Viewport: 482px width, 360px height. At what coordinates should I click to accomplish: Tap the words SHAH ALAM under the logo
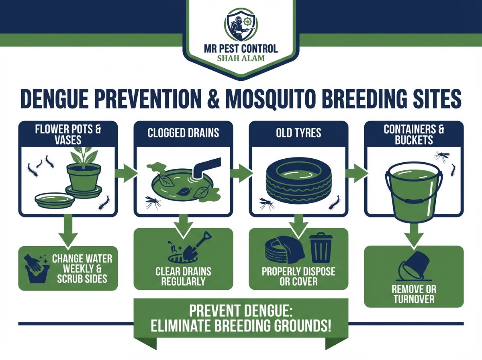click(241, 58)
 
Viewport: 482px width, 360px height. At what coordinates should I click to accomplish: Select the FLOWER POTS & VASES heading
click(68, 135)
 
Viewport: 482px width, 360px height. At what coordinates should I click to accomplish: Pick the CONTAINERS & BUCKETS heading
click(413, 135)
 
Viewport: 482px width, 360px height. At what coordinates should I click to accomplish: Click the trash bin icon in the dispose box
click(320, 247)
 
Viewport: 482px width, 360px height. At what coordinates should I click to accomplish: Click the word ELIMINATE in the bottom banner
click(186, 325)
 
